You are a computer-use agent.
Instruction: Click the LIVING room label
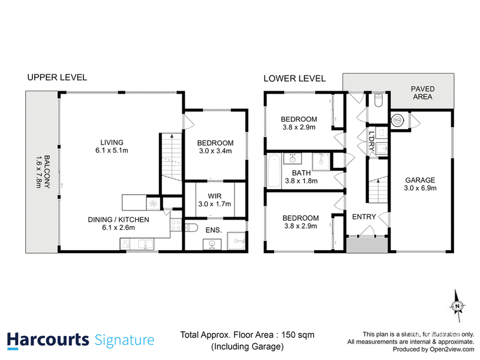pos(112,142)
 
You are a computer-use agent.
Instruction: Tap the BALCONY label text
pos(47,172)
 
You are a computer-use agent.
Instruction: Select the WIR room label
pos(214,196)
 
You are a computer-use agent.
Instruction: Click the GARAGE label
pos(420,180)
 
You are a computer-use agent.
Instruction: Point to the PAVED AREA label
pos(422,93)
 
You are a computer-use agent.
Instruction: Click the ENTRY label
pos(364,217)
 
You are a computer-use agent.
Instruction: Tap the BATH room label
pos(301,173)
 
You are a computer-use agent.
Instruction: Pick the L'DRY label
pos(371,141)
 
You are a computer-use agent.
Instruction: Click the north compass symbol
pos(458,306)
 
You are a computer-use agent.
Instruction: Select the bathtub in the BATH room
pos(274,171)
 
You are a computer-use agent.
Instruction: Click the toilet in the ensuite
pos(192,228)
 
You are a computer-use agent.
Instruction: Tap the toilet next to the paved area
pos(379,100)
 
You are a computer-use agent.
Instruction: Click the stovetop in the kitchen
pos(176,225)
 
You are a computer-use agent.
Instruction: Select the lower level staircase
pos(378,190)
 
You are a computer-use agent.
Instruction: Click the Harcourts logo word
pos(48,340)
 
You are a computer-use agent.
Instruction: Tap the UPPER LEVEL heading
pos(57,77)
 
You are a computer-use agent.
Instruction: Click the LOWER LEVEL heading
pos(295,79)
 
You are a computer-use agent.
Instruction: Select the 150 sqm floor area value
pos(298,335)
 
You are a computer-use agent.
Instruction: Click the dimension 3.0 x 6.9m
pos(420,188)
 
